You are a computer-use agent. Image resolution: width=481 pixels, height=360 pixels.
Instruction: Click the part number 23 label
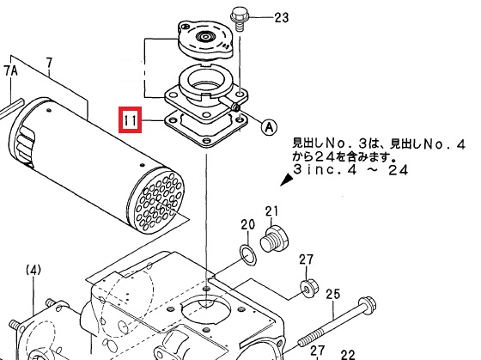282,17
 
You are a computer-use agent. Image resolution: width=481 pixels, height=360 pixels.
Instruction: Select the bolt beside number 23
240,18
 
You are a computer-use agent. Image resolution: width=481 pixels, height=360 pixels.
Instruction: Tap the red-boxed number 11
131,120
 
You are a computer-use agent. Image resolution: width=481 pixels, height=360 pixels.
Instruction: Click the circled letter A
269,126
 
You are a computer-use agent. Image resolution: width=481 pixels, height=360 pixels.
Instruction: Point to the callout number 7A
10,71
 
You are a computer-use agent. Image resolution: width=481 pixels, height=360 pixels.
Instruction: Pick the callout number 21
271,211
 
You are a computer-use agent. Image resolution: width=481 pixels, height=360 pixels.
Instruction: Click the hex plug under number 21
274,239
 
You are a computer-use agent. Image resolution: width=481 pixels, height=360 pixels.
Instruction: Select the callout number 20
247,224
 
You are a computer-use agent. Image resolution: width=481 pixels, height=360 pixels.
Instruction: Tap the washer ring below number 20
247,255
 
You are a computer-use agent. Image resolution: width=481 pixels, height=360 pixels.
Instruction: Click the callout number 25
333,294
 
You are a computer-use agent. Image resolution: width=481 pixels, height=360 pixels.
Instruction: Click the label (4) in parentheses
33,271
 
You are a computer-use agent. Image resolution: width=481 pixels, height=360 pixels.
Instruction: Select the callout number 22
347,356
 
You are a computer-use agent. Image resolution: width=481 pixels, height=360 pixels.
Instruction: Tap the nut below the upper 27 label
308,289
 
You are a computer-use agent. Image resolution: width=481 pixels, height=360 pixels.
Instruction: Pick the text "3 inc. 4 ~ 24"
350,169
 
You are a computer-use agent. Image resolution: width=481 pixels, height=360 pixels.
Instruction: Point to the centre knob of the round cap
204,37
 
